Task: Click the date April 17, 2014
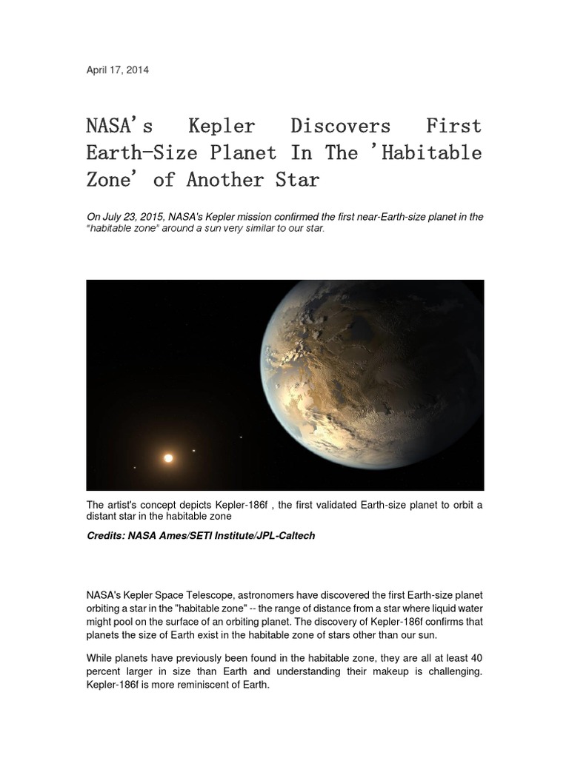coord(117,70)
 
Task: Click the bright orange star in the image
coord(168,458)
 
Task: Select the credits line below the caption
coord(201,536)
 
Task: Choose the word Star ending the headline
coord(295,180)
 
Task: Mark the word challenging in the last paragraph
coord(453,671)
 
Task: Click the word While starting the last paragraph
coord(101,658)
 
